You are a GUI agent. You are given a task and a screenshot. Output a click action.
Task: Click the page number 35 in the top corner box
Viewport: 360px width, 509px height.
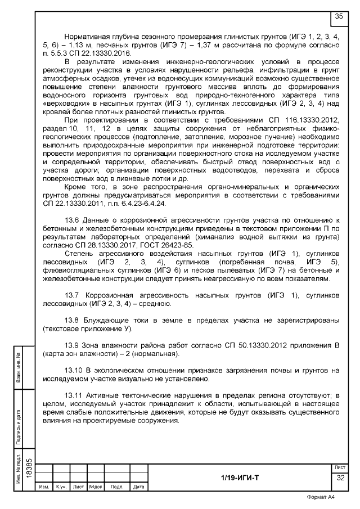tap(339, 17)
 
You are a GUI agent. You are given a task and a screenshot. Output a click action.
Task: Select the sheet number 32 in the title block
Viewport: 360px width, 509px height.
tap(340, 478)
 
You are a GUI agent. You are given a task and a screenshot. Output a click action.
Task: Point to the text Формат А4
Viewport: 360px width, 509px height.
tap(321, 497)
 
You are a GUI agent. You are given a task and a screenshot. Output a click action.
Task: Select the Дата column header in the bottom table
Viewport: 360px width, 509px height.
tap(138, 487)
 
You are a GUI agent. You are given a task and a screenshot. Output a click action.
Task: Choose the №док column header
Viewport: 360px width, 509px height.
tap(94, 487)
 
